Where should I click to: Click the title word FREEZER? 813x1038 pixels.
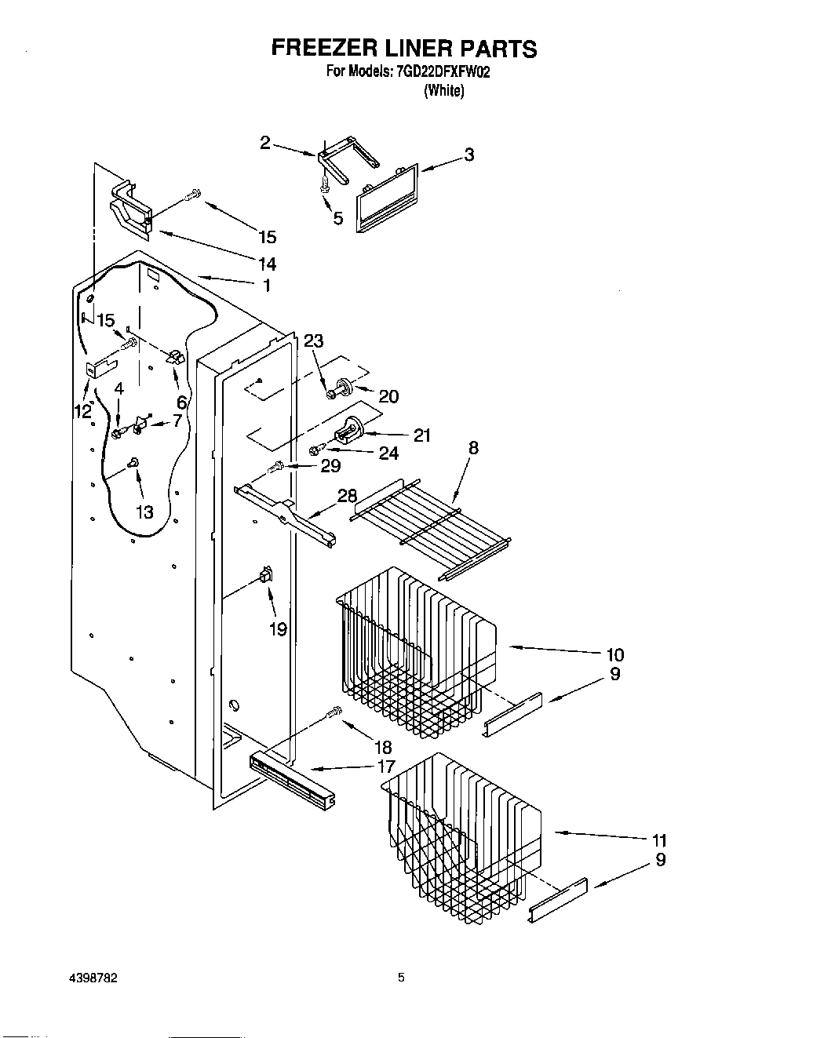pyautogui.click(x=323, y=49)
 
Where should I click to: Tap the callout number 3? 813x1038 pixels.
pyautogui.click(x=468, y=155)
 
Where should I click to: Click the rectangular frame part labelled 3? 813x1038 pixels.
pyautogui.click(x=388, y=198)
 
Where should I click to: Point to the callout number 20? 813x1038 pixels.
pyautogui.click(x=388, y=397)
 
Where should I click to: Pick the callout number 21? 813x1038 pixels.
pyautogui.click(x=422, y=435)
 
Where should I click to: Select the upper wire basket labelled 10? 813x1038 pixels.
pyautogui.click(x=416, y=651)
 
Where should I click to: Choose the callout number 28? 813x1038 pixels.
pyautogui.click(x=347, y=496)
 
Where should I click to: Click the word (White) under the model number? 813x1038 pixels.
pyautogui.click(x=443, y=90)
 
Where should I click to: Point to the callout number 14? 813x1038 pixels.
pyautogui.click(x=267, y=264)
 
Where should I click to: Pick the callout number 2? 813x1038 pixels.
pyautogui.click(x=265, y=143)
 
